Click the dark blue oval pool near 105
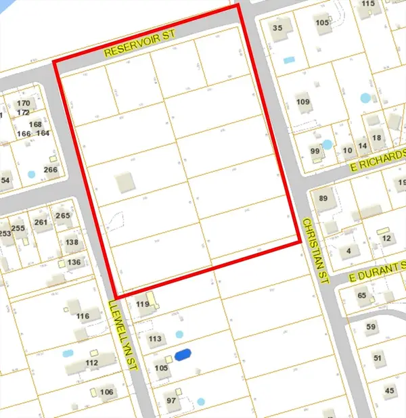(183, 354)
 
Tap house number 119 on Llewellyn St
(142, 304)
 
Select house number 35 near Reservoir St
(277, 28)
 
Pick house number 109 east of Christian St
(302, 102)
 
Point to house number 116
(83, 317)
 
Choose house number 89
(323, 198)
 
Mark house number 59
(371, 327)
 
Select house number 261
(41, 223)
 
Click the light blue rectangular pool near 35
(290, 60)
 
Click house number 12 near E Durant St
(387, 239)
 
